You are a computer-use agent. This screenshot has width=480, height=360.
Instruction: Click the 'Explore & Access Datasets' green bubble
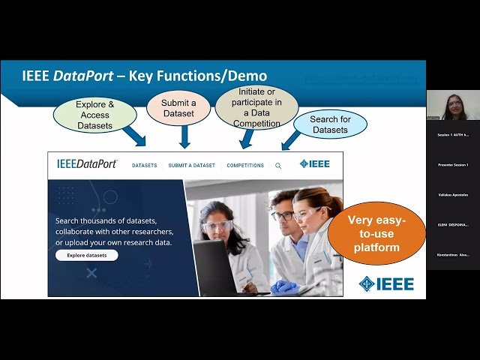(x=94, y=115)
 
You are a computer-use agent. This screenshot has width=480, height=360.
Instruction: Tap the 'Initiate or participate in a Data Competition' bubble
(x=256, y=107)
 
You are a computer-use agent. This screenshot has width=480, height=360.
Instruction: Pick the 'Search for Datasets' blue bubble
(x=329, y=124)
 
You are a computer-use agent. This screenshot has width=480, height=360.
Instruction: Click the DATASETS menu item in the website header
(x=144, y=165)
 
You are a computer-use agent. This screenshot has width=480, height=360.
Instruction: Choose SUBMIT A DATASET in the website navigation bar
(x=191, y=165)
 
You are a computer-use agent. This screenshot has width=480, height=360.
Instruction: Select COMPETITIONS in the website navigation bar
(x=245, y=165)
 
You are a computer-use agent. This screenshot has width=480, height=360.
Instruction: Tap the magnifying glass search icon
(x=278, y=166)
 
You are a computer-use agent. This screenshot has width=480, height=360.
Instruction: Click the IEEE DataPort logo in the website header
(x=87, y=164)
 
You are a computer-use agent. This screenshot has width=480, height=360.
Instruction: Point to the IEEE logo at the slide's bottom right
(x=385, y=283)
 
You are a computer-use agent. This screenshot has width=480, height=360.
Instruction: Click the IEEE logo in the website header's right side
(x=314, y=164)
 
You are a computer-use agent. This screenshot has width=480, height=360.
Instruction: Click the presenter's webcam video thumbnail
(x=452, y=106)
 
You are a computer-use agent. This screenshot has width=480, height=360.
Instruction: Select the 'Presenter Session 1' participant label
(x=453, y=164)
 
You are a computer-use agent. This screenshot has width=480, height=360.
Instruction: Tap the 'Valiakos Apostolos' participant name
(x=453, y=194)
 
